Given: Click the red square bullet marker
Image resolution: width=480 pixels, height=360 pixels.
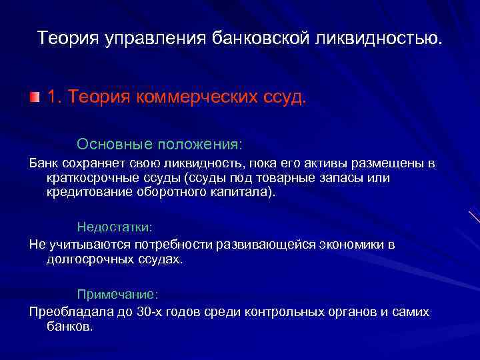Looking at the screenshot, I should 34,97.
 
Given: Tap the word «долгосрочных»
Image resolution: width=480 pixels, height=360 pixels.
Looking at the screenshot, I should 85,259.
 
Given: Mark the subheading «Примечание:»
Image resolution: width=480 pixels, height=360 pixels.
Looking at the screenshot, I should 117,293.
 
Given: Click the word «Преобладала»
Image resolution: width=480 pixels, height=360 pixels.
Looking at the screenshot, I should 66,312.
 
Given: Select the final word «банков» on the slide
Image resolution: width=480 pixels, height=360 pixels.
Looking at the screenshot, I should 68,327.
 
